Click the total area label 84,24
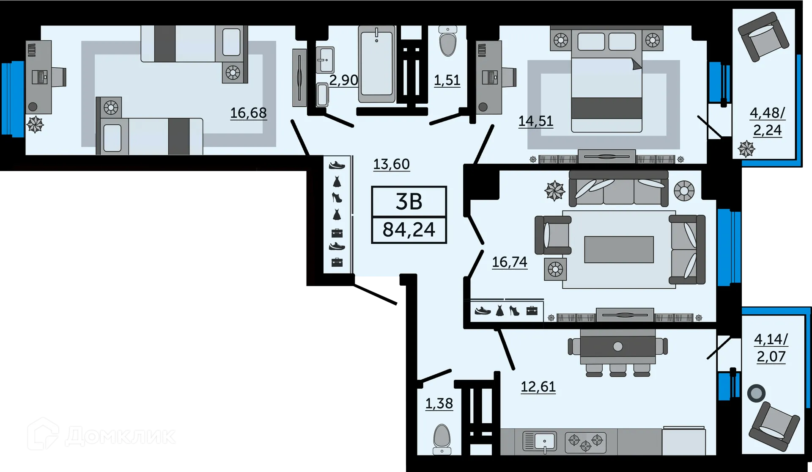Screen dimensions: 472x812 tap(409, 230)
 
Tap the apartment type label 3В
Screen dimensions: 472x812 tap(409, 202)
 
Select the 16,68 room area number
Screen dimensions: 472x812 tap(248, 113)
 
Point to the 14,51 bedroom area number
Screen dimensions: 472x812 tap(535, 121)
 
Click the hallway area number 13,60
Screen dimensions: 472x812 tap(391, 164)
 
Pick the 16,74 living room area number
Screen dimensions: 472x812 tap(510, 262)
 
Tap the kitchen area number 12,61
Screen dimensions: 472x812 tap(538, 386)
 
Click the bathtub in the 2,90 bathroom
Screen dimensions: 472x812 tap(376, 63)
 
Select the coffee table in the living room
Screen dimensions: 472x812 tap(619, 249)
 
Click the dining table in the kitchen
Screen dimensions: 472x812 tap(617, 346)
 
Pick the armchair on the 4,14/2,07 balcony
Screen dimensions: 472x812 tap(774, 426)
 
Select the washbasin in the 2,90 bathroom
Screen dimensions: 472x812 tap(325, 60)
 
